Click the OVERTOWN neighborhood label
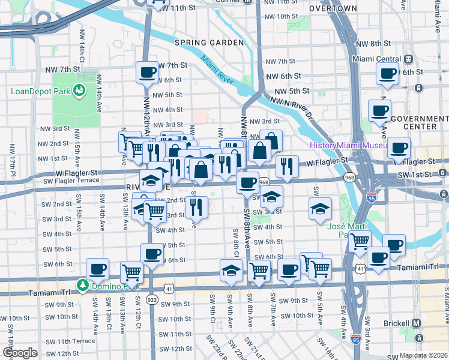(x=333, y=8)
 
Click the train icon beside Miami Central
(x=408, y=59)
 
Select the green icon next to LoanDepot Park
(x=78, y=91)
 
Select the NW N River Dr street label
(x=292, y=104)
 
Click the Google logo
(x=20, y=352)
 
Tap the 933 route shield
(x=152, y=299)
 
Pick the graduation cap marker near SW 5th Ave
(x=320, y=208)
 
